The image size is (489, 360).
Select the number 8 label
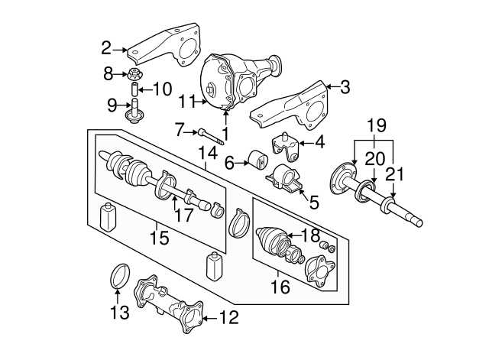point(108,73)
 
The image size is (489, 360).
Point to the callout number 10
point(163,89)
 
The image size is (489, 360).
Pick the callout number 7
point(180,130)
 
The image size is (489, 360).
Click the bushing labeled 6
point(254,161)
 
